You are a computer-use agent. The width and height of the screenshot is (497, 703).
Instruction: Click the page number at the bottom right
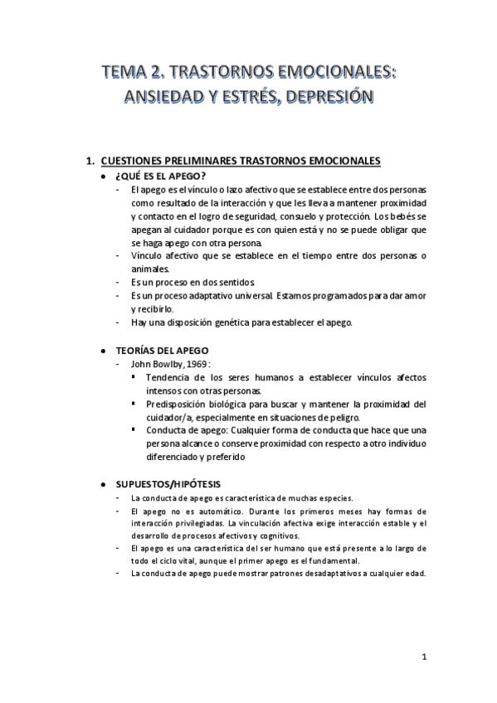click(423, 657)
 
